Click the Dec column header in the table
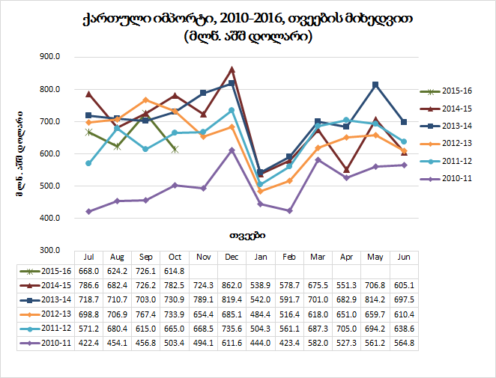[232, 256]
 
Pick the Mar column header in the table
[318, 256]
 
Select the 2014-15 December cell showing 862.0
[232, 285]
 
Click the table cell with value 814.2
[375, 299]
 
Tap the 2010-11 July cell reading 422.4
[89, 342]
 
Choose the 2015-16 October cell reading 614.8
[175, 271]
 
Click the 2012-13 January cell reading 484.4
[260, 314]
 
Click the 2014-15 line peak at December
[232, 70]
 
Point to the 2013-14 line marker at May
[375, 85]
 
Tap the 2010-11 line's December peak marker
[232, 150]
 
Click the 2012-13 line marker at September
[146, 100]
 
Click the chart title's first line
[247, 19]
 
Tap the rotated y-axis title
[16, 153]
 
